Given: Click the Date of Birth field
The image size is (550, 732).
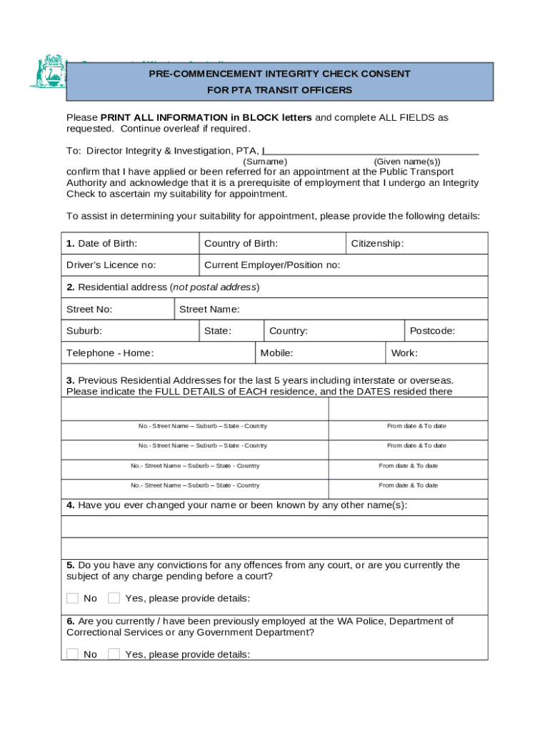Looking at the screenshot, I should [130, 244].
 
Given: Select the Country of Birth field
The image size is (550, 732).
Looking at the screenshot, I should [272, 244].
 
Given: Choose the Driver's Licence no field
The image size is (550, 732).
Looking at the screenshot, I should [130, 265].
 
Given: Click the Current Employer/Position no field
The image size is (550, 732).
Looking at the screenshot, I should [343, 265].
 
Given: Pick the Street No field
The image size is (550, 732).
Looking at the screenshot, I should [118, 310].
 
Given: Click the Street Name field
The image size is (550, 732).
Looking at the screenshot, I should [331, 310].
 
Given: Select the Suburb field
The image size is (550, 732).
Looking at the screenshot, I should [130, 331].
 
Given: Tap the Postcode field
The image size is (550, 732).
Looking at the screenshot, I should [446, 331].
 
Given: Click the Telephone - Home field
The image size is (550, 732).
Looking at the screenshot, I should [158, 353].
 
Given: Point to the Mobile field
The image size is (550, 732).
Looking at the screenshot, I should [320, 353].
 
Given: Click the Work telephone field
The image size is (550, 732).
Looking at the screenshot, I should [436, 353].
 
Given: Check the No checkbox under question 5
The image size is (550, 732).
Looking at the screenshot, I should [72, 598].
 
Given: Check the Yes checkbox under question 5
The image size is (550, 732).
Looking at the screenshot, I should [114, 598].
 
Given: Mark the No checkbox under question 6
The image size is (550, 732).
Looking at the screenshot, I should [72, 654].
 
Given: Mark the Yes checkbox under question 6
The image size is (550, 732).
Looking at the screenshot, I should [114, 654].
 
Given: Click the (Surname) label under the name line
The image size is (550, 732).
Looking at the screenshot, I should [265, 162].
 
